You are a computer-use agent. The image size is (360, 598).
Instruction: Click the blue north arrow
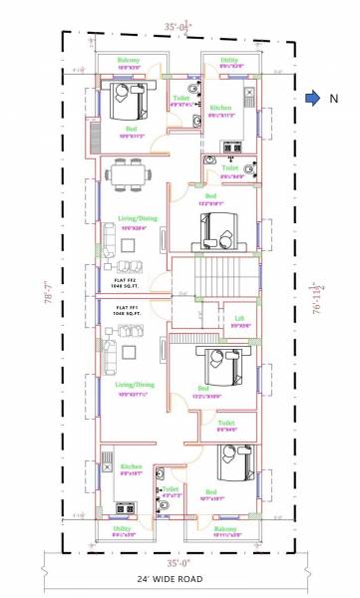(312, 98)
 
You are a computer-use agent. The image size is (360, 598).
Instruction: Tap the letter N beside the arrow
(334, 98)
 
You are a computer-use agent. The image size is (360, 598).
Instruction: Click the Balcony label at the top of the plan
(129, 61)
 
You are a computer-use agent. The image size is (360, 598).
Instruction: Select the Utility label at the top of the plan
(229, 61)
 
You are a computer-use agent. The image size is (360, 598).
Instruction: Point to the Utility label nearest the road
(123, 529)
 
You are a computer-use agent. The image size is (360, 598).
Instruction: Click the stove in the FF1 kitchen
(105, 463)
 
